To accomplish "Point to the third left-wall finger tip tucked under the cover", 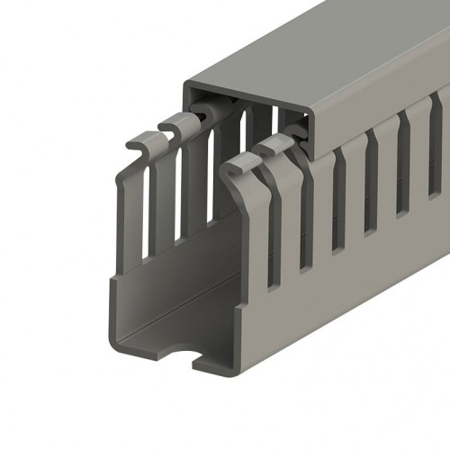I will [x=202, y=112].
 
